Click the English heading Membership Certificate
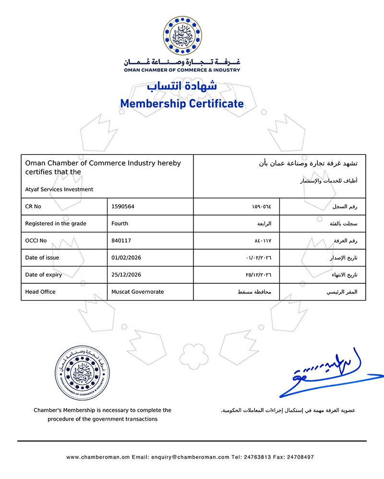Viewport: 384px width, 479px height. [x=182, y=103]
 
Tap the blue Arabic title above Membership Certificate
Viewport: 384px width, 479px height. [x=182, y=86]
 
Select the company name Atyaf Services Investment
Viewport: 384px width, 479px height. [x=59, y=189]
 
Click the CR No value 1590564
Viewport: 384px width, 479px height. [x=123, y=206]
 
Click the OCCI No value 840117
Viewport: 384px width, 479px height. [x=121, y=240]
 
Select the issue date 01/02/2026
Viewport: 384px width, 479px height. [x=126, y=258]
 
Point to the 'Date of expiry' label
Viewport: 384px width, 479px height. [x=43, y=275]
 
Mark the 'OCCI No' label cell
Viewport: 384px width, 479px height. [x=36, y=240]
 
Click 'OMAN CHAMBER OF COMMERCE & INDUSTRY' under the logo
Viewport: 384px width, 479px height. [x=182, y=70]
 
